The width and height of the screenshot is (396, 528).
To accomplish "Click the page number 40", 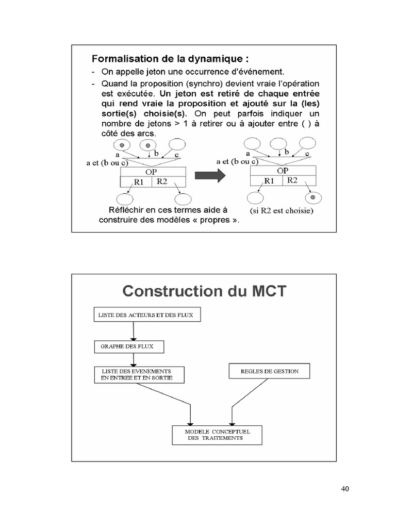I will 345,489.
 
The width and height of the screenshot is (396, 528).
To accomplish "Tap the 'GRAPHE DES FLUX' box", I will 129,346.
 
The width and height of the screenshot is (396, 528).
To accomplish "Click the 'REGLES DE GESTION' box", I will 269,371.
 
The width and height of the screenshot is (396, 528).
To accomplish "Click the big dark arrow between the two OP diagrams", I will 210,176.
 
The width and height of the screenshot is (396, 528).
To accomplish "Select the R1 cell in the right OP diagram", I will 269,181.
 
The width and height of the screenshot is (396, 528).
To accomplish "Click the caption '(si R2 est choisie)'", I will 282,211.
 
